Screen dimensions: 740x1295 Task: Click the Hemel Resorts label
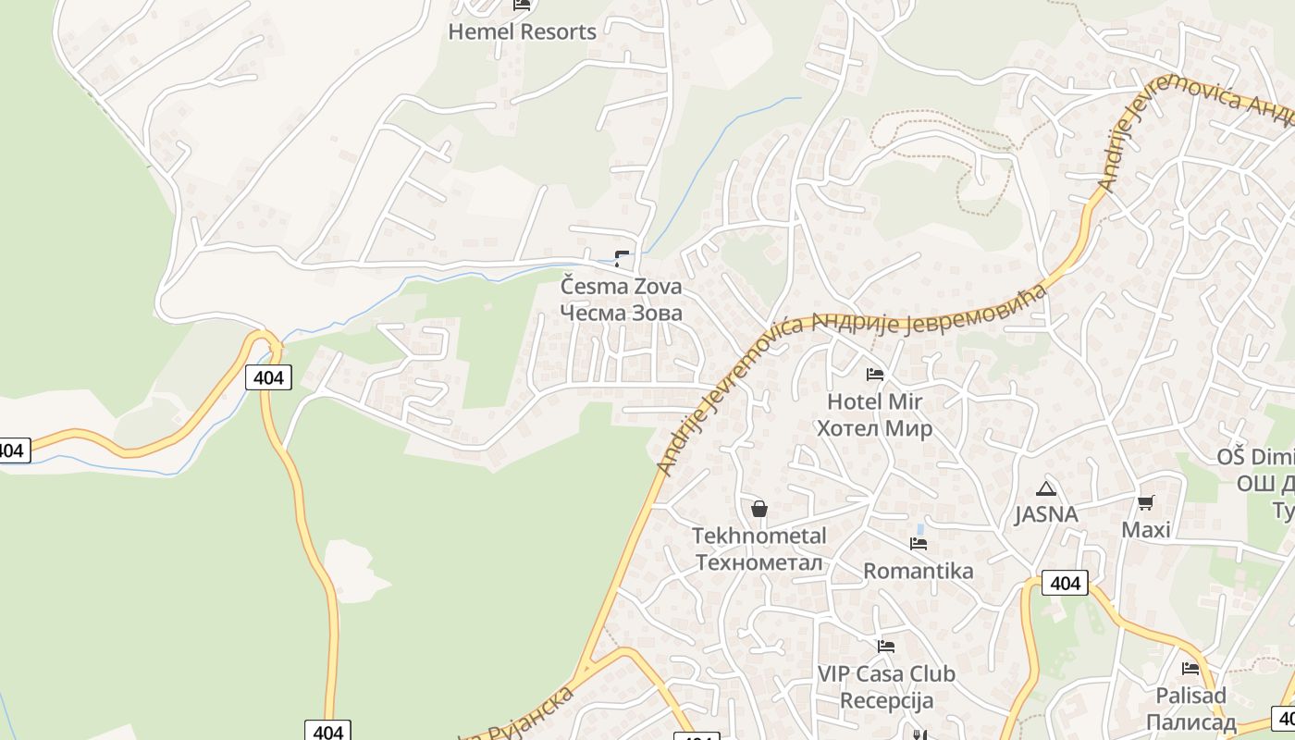pos(522,31)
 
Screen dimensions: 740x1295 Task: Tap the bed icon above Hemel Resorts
pos(522,5)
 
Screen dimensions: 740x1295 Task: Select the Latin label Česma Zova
pos(621,286)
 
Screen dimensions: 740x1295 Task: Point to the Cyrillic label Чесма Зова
pos(621,313)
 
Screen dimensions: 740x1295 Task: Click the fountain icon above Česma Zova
pos(622,259)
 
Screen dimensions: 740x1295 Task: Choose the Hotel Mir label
pos(874,401)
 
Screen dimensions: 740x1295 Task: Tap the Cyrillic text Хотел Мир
pos(874,428)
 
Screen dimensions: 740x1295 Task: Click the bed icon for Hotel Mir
pos(874,375)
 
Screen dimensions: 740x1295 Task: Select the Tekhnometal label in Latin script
pos(759,536)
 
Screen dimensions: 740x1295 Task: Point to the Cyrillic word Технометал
pos(759,562)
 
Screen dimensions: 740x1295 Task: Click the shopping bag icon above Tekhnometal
pos(759,509)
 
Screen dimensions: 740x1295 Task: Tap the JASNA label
pos(1046,514)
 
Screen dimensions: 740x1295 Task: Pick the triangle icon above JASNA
pos(1046,488)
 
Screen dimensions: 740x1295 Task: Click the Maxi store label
pos(1146,529)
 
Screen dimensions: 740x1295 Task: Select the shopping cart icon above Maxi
pos(1146,503)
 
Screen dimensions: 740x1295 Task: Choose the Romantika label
pos(919,571)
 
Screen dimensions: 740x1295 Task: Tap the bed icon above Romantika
pos(919,544)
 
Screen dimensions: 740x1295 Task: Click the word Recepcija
pos(887,700)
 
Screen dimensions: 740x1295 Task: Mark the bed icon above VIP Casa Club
pos(886,647)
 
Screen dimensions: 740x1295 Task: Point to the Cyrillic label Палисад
pos(1191,721)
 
